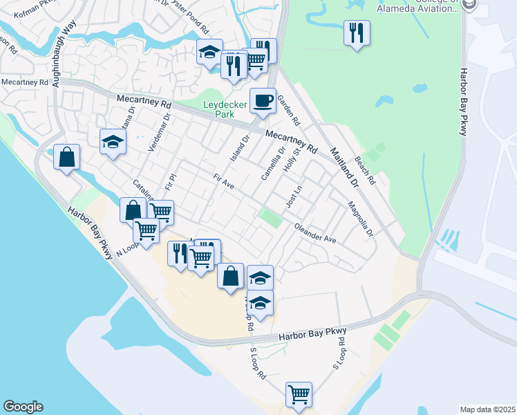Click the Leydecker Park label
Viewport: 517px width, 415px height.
225,109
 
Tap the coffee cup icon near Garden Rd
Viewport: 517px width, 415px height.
263,101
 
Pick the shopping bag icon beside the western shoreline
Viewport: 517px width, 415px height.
67,158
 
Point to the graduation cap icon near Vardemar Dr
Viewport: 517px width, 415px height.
113,142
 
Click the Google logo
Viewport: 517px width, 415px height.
23,407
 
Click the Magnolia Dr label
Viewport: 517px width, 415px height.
360,218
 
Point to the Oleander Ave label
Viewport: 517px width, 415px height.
314,232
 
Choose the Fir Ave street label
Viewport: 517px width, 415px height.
224,182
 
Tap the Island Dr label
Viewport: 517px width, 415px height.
239,149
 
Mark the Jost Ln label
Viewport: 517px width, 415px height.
294,196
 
